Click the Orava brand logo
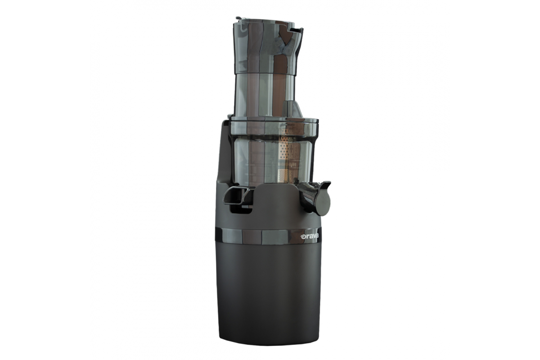pos(310,236)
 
